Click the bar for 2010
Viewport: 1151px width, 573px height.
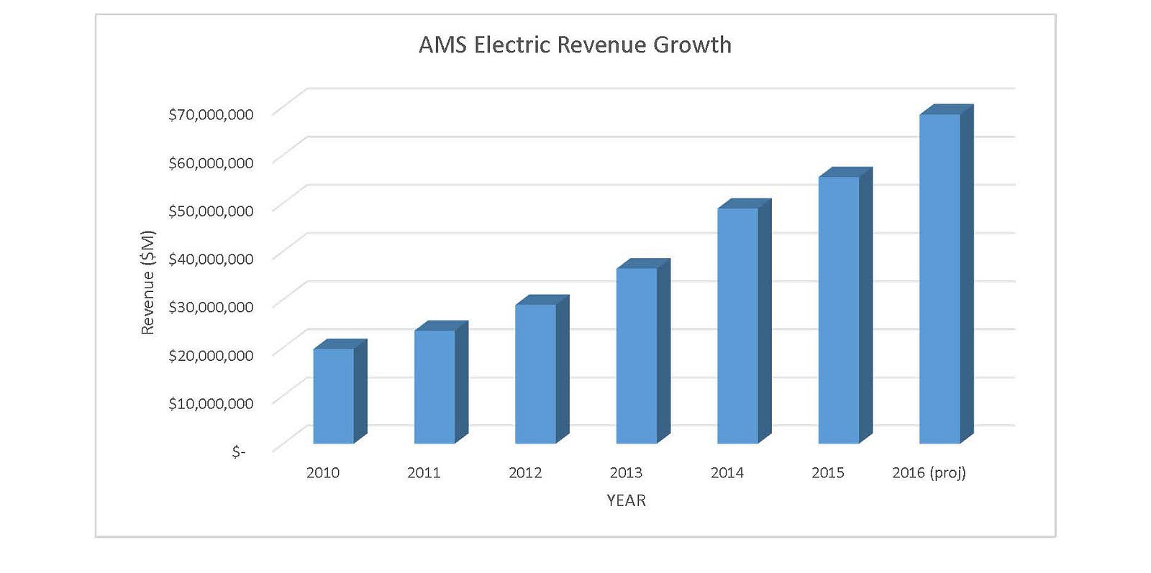[334, 395]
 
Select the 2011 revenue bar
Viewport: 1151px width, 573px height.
[435, 386]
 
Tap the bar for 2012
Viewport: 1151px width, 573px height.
[536, 373]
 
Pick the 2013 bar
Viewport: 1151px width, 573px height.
[637, 355]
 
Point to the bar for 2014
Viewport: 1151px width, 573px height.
[738, 325]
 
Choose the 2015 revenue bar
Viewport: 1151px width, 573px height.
[839, 309]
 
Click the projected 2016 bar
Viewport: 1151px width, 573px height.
[940, 278]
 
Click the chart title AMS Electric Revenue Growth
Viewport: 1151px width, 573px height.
[575, 45]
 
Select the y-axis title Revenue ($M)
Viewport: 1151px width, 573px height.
[147, 282]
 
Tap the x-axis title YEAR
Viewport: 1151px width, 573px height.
[626, 500]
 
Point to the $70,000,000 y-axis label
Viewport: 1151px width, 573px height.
[211, 114]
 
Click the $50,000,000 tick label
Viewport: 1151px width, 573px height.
[211, 211]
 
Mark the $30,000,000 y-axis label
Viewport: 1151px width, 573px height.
[211, 307]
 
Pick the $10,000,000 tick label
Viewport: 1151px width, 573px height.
[211, 403]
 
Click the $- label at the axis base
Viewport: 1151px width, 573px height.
[238, 451]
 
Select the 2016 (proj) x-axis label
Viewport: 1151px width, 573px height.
[929, 472]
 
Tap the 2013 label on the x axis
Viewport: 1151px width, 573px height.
[626, 472]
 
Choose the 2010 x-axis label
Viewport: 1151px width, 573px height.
[323, 472]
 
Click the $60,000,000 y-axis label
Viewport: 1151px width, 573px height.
[211, 162]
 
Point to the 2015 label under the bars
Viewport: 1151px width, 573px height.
[828, 472]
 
